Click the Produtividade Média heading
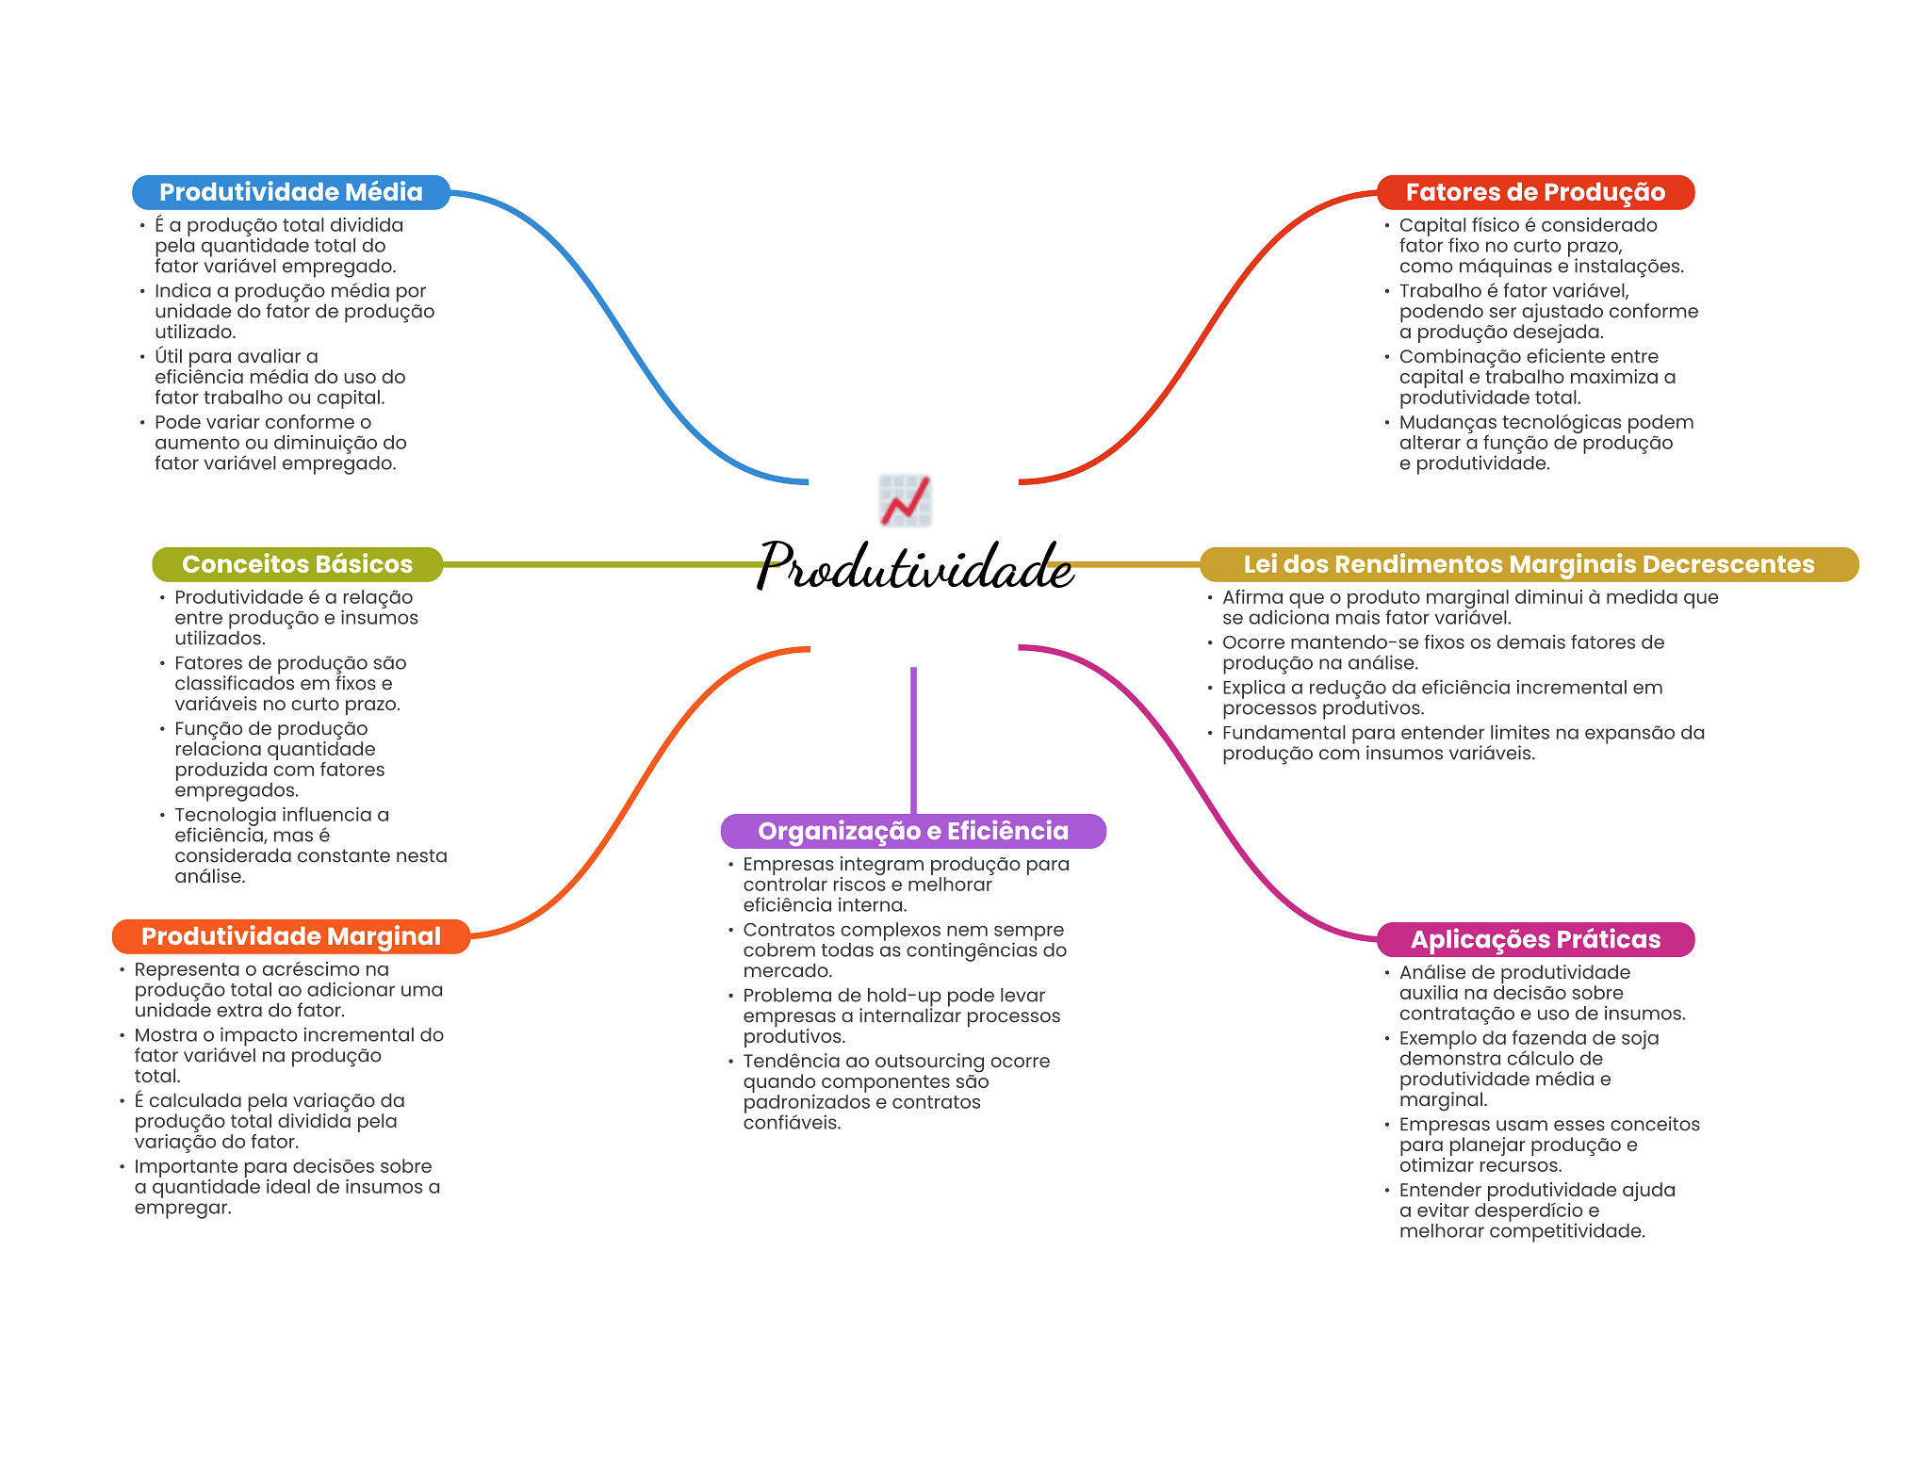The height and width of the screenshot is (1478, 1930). pos(290,192)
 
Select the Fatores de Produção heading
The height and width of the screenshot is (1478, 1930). pos(1535,192)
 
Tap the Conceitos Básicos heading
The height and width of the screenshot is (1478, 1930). pos(297,564)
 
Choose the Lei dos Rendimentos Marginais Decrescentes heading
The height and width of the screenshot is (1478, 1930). pos(1529,564)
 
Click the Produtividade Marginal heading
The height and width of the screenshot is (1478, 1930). pos(290,936)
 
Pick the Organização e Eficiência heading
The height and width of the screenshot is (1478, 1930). pos(912,831)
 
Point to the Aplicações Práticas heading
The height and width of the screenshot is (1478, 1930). pos(1535,939)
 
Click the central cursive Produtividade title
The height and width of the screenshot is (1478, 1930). pos(914,567)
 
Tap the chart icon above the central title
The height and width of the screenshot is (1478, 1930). pos(905,500)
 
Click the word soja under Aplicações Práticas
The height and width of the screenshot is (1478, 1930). pos(1640,1038)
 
